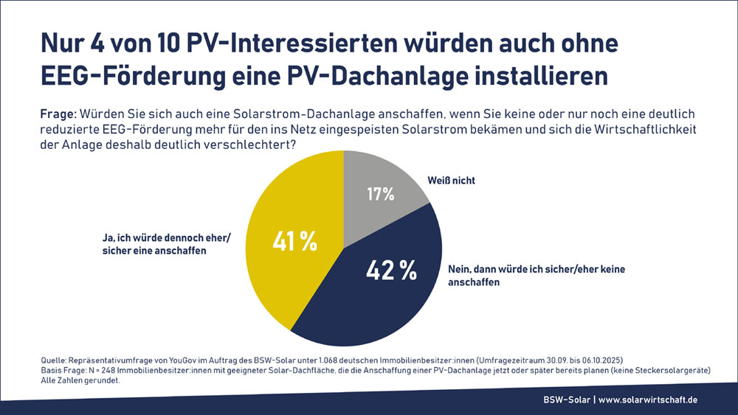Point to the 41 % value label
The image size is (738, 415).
click(294, 240)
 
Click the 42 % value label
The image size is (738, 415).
click(391, 271)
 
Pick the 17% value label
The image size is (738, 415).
click(381, 195)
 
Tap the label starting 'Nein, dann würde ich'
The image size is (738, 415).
click(536, 275)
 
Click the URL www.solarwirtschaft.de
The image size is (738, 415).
click(647, 400)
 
